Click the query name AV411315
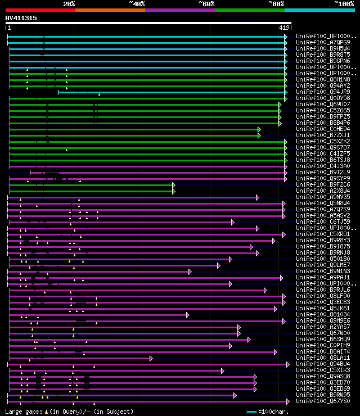tap(21, 18)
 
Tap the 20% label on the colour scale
tap(69, 4)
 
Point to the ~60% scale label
tap(206, 4)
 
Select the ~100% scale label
tap(344, 4)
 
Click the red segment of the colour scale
tap(40, 10)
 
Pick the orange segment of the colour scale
tap(110, 10)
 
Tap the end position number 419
tap(284, 27)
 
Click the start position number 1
tap(8, 27)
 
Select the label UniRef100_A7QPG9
tap(323, 42)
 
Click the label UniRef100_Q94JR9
tap(323, 92)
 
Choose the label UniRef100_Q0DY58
tap(323, 98)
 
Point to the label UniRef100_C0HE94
tap(323, 129)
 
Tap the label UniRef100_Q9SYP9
tap(323, 178)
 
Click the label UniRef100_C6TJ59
tap(323, 221)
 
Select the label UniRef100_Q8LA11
tap(323, 358)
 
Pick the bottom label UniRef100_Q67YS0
tap(323, 401)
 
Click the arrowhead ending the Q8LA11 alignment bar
tap(151, 358)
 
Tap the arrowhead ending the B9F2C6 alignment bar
tap(174, 184)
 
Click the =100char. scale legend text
tap(275, 412)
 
